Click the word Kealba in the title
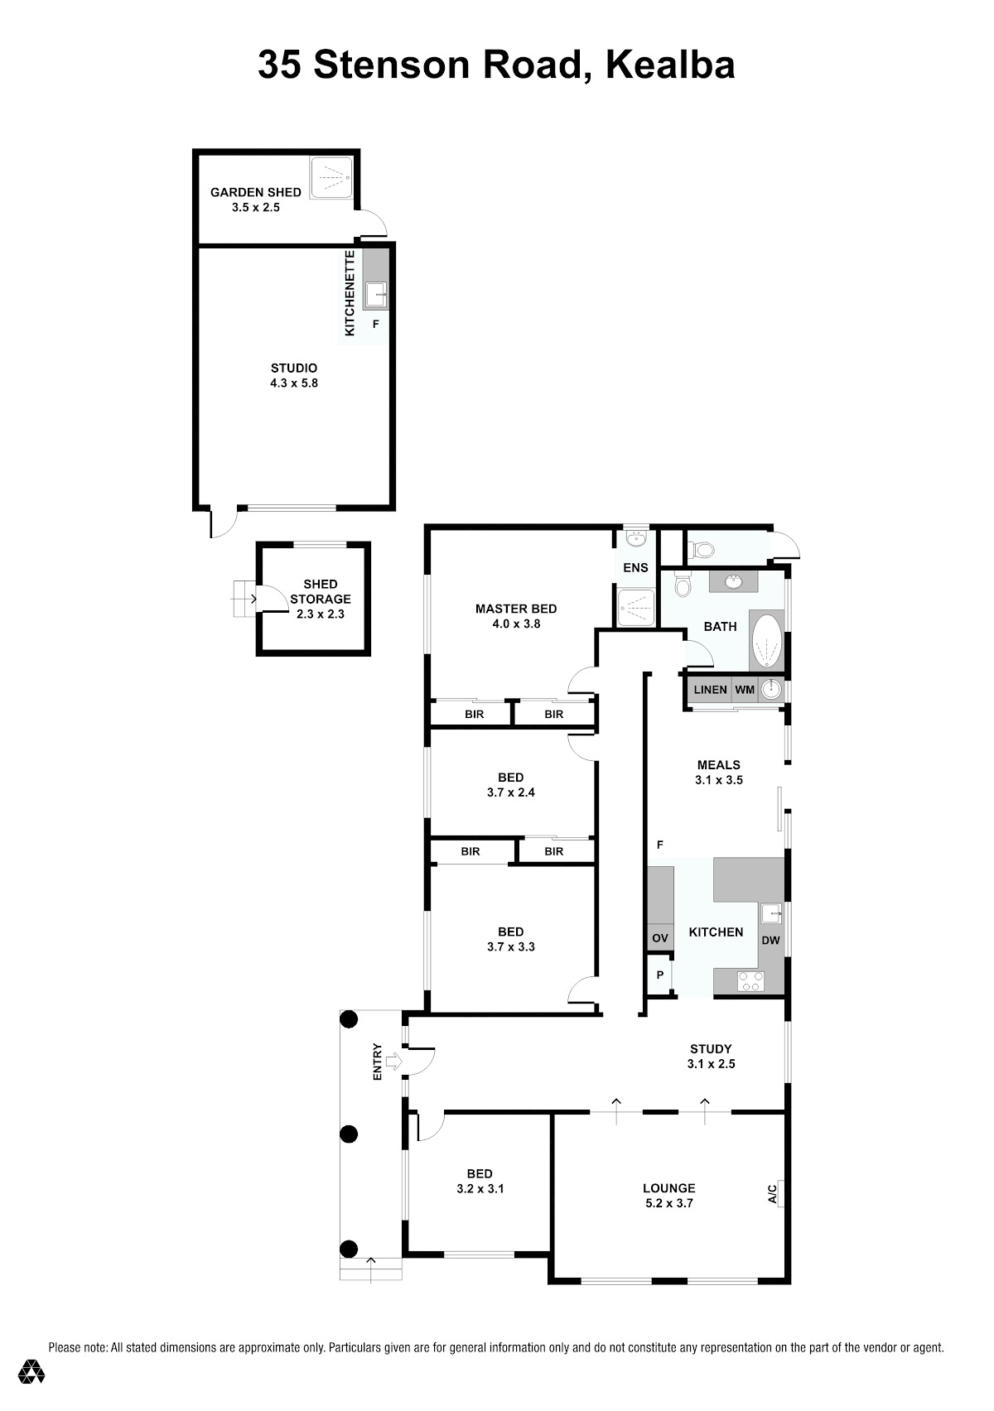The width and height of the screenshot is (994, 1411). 670,65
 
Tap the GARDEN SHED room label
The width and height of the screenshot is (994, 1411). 255,192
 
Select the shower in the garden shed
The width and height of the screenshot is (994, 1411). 331,178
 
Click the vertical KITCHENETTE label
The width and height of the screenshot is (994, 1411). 350,293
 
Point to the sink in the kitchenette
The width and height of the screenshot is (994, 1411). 376,294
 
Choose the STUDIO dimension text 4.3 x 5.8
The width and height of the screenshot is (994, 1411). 294,383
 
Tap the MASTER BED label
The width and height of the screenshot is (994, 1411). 515,609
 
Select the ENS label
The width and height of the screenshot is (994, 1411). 635,567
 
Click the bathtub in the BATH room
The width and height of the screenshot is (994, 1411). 767,641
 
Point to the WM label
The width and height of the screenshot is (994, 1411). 745,690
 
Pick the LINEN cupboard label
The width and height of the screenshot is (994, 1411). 710,690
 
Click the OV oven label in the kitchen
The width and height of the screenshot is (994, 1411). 660,938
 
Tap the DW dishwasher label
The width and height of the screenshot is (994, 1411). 770,940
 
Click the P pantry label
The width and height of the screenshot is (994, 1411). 660,975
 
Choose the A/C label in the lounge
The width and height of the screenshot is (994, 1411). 772,1194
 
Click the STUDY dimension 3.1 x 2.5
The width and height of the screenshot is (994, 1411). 711,1064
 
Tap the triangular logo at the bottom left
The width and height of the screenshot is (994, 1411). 31,1371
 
